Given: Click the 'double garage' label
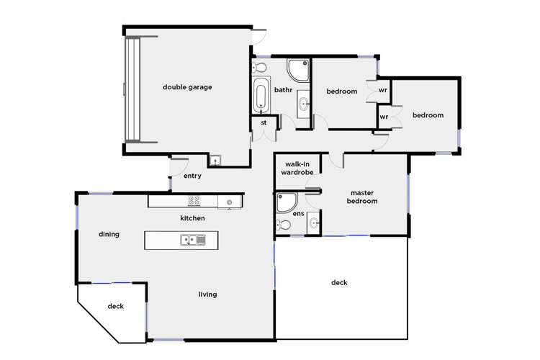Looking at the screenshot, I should tap(187, 87).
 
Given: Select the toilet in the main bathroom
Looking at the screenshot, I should tap(260, 68).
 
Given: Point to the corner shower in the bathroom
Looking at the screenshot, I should tap(298, 71).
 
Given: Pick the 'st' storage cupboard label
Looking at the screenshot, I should tap(264, 123).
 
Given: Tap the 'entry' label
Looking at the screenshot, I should tap(192, 176).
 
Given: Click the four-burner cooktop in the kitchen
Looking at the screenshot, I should tap(194, 201).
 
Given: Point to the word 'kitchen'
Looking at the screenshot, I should tap(192, 218).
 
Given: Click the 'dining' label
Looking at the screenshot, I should tap(109, 234).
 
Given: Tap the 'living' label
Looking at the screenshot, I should tap(207, 294).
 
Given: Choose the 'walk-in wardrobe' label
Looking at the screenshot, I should tap(297, 168).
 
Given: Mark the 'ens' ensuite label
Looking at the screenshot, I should tap(299, 214).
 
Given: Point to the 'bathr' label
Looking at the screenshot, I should tap(282, 90).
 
